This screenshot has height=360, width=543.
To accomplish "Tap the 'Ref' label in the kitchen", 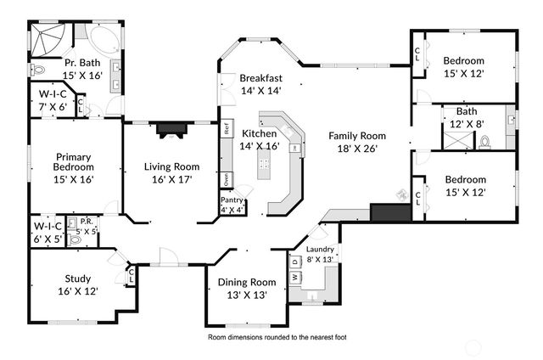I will coord(227,130).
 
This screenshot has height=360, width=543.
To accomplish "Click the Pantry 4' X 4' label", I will coord(232,205).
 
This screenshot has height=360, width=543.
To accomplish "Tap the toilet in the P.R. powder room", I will coord(74,240).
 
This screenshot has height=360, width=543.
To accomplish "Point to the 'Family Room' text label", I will coord(357,136).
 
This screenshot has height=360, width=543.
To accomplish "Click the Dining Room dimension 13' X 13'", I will coord(247,295).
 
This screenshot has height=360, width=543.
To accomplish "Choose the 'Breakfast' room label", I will coord(260,77).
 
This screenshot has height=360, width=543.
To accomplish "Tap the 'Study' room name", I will coord(77,278).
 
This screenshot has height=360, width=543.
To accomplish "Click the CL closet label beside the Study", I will coord(131,274).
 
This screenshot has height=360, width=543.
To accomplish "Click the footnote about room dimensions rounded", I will coord(277,337).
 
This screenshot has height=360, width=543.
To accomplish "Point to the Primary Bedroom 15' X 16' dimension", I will coord(74,179).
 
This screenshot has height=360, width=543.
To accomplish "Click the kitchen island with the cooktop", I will coord(264,167).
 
